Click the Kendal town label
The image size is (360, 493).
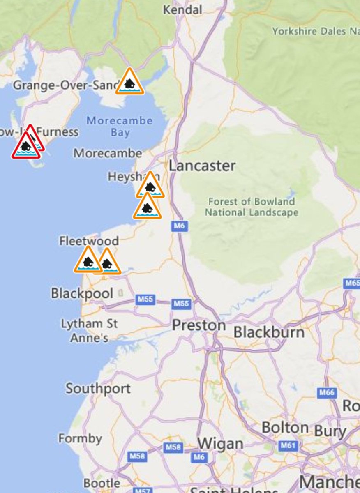(x=183, y=9)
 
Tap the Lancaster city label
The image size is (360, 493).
(x=202, y=166)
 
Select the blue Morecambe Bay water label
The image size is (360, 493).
(x=120, y=127)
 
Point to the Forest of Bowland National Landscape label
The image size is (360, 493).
(x=252, y=207)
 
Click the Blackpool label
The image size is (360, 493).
(x=82, y=293)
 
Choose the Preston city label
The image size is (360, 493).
(x=199, y=325)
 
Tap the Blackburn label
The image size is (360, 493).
(x=269, y=332)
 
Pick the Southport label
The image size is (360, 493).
(x=98, y=388)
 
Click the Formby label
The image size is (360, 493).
(x=80, y=438)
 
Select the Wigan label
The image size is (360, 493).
(x=220, y=444)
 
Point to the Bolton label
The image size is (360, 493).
(x=285, y=427)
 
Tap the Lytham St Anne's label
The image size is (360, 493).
(x=89, y=330)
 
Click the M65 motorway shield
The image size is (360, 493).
(x=352, y=283)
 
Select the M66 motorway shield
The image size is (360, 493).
(x=327, y=393)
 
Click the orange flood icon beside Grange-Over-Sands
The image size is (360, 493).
(x=129, y=83)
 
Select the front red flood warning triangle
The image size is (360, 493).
(x=25, y=147)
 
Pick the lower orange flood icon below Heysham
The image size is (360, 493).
(x=147, y=207)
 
